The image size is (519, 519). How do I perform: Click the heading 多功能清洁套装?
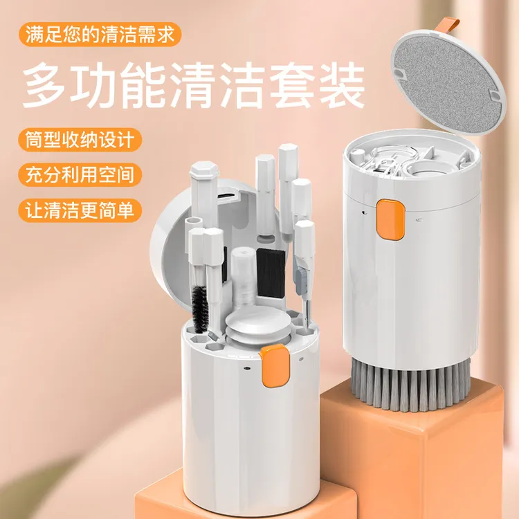click(194, 84)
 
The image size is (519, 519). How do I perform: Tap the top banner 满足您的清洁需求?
click(102, 33)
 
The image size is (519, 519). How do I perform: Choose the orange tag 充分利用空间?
click(77, 173)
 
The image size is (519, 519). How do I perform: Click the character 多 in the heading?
click(44, 84)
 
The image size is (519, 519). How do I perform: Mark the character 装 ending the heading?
click(343, 84)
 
